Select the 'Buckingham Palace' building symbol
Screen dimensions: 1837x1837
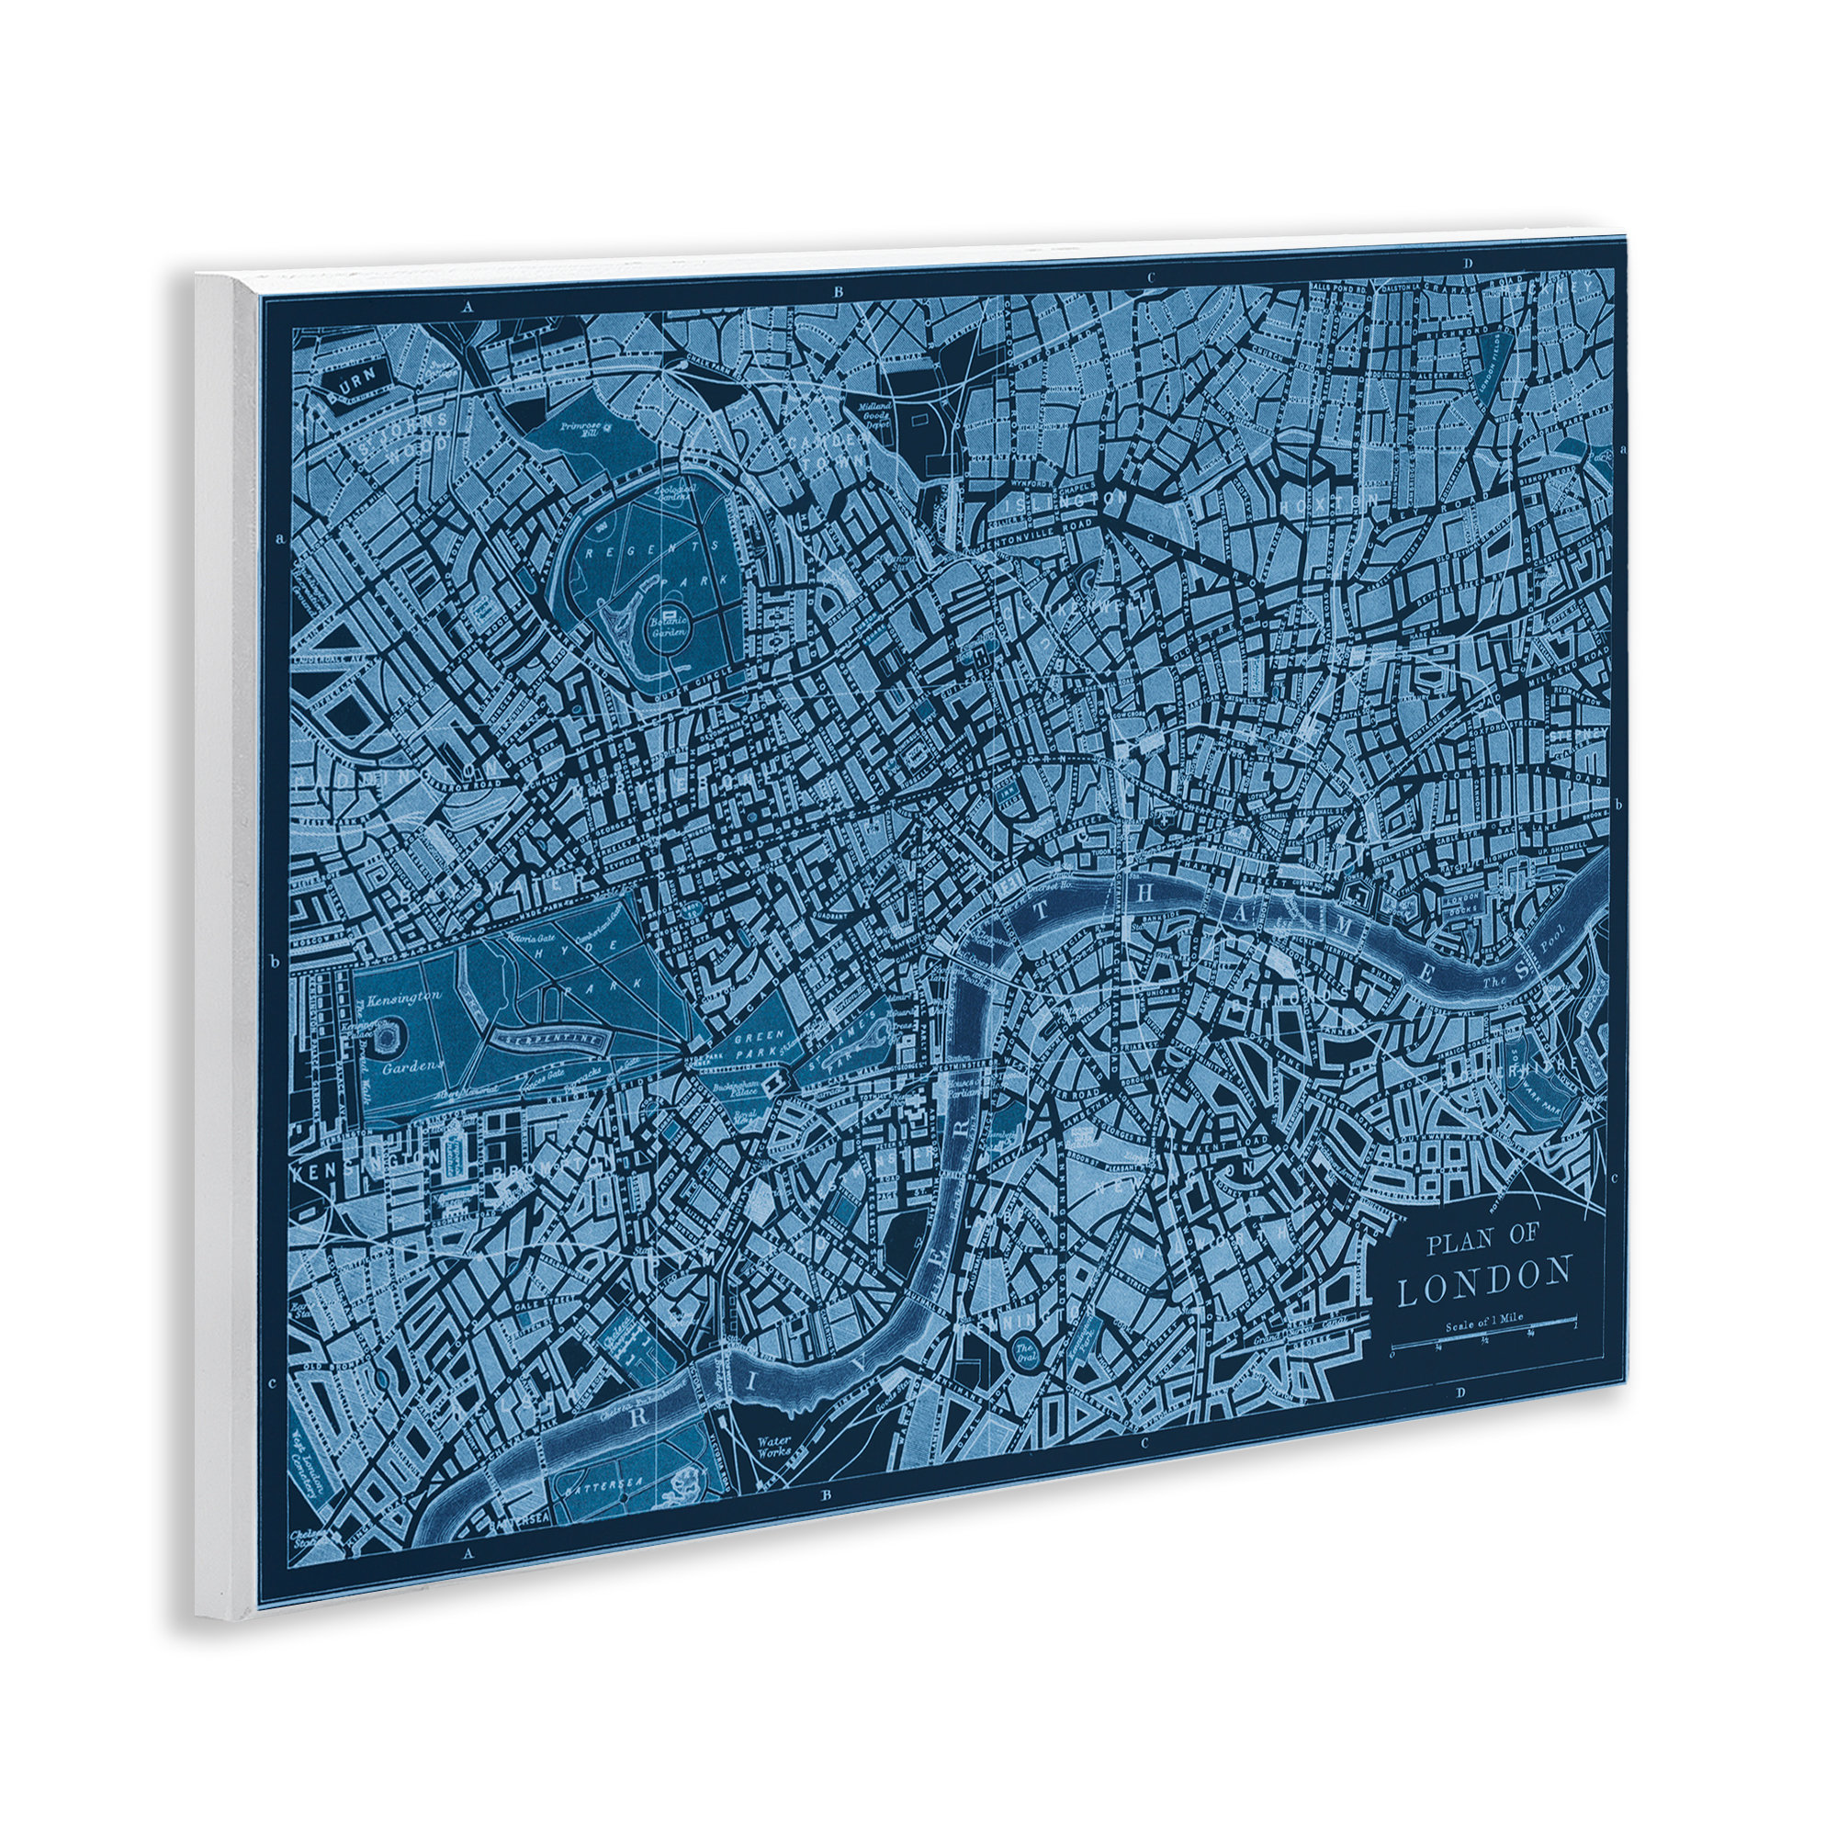pyautogui.click(x=778, y=1078)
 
